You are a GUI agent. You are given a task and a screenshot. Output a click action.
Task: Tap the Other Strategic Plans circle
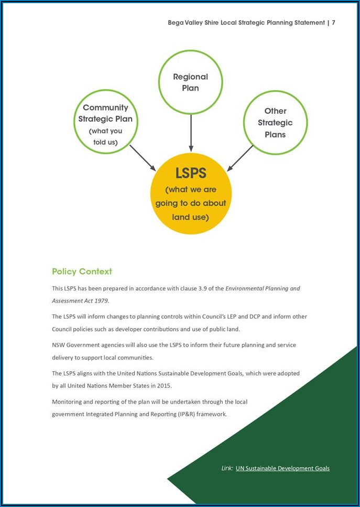point(275,123)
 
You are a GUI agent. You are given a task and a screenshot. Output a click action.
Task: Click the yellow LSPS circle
point(191,194)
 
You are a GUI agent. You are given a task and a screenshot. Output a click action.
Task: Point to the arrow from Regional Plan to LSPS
point(191,133)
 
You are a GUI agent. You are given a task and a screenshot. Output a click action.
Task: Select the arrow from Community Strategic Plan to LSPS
point(143,158)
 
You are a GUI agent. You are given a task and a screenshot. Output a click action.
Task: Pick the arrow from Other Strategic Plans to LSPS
point(241,158)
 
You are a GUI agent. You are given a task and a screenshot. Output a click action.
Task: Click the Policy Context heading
point(82,272)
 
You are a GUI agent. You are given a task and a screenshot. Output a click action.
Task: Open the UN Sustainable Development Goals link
point(282,468)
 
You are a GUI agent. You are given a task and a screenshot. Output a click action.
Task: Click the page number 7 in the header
point(333,23)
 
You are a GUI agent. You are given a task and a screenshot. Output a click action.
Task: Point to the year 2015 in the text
point(163,385)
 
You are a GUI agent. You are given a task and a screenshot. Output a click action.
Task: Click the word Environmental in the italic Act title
point(244,288)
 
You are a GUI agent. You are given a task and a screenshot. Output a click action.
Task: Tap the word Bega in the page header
point(176,23)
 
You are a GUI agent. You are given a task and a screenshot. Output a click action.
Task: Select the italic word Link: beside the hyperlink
point(227,468)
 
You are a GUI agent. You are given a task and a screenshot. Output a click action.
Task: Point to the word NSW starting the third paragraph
point(58,345)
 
